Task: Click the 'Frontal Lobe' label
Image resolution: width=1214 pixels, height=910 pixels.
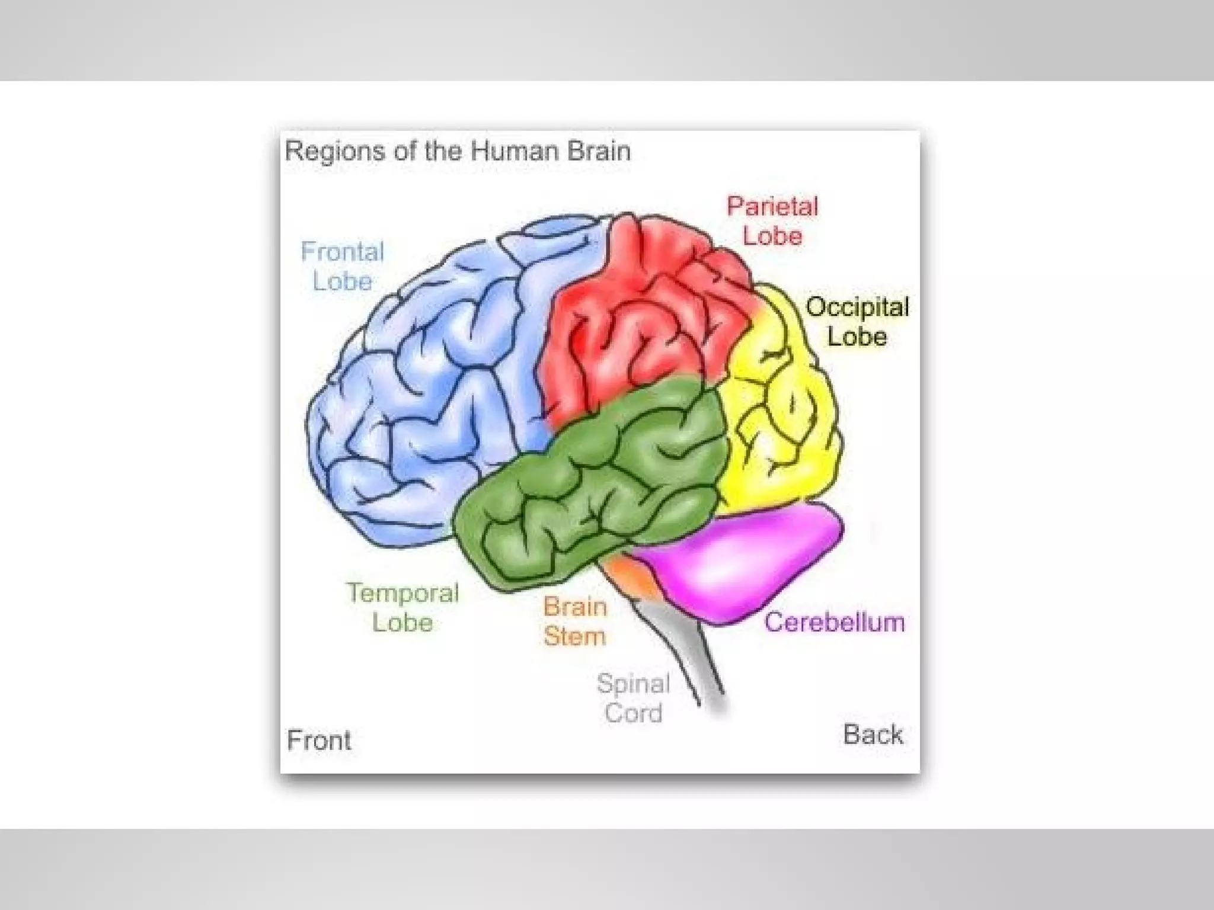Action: point(343,267)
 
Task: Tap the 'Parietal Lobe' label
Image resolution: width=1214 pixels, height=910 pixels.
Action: point(772,221)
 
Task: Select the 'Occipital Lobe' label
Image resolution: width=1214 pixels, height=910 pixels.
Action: point(857,322)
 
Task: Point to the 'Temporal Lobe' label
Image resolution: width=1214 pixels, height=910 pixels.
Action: point(402,607)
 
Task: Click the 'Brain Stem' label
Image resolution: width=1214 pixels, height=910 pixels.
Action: point(575,621)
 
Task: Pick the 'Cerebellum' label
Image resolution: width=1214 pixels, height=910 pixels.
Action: point(834,622)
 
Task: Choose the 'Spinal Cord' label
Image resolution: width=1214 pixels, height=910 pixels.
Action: point(633,698)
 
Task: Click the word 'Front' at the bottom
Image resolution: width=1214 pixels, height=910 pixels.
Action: point(319,740)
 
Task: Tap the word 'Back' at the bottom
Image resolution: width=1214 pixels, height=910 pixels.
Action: point(873,735)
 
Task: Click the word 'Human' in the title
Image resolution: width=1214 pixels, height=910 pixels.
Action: point(515,150)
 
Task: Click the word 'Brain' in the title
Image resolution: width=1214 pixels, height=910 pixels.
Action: point(599,150)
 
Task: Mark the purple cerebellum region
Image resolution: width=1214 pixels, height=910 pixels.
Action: point(741,563)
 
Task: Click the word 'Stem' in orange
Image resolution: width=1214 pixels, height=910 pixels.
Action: point(575,636)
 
